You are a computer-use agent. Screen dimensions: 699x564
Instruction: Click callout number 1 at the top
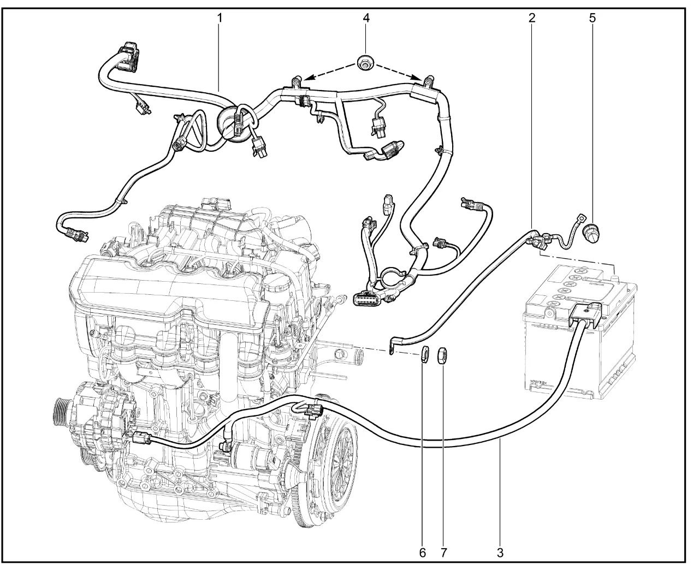220,17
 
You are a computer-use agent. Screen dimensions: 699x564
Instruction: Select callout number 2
532,17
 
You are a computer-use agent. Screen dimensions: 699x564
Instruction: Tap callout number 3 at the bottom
500,552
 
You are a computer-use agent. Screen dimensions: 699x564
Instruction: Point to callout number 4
366,17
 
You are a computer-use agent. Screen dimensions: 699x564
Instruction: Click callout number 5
592,17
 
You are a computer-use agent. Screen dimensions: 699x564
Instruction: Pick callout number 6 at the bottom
422,552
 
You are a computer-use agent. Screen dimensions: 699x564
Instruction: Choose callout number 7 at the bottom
443,552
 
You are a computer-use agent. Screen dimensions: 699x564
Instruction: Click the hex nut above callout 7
442,355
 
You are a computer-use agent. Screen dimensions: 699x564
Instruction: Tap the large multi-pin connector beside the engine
364,298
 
